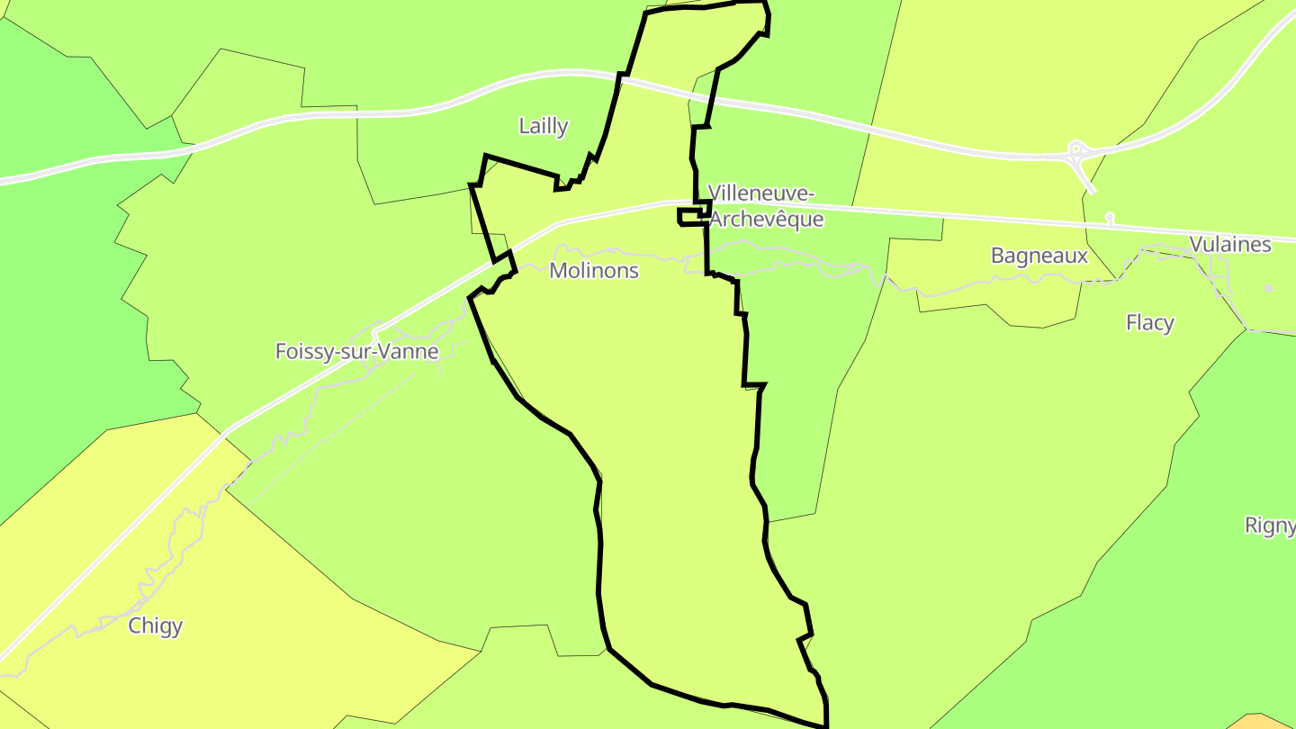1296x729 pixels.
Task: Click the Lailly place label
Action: tap(543, 126)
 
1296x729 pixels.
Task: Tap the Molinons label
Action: tap(593, 270)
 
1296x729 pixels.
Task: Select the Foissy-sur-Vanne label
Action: tap(356, 351)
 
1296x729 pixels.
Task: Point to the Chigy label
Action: tap(156, 625)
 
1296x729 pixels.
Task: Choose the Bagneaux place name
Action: tap(1039, 256)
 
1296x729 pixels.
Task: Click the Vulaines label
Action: tap(1229, 245)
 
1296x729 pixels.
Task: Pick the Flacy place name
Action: tap(1149, 322)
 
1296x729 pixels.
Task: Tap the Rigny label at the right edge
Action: tap(1269, 526)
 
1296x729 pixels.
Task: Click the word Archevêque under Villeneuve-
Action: tap(766, 219)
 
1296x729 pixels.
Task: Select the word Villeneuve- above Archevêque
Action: tap(760, 193)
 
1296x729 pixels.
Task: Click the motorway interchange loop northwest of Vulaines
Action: tap(1075, 151)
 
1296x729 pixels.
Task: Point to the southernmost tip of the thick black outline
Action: tap(825, 725)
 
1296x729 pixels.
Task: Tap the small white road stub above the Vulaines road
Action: tap(1109, 217)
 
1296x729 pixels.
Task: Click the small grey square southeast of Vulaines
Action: tap(1268, 288)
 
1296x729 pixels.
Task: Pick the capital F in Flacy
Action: tap(1132, 322)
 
